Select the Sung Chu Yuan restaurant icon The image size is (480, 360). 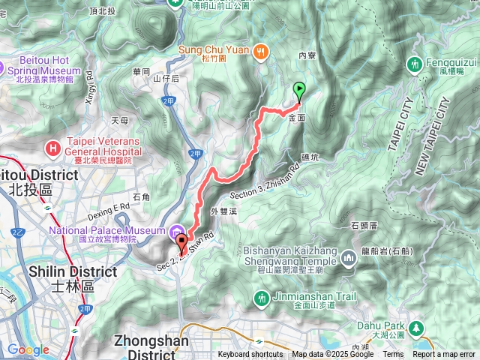click(x=260, y=52)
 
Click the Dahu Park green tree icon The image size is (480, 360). click(x=415, y=327)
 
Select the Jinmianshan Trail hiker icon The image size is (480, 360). click(x=261, y=298)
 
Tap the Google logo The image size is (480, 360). click(x=28, y=349)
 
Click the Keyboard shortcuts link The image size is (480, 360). click(x=250, y=355)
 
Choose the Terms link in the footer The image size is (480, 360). click(x=393, y=355)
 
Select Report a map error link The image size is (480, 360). click(x=444, y=355)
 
